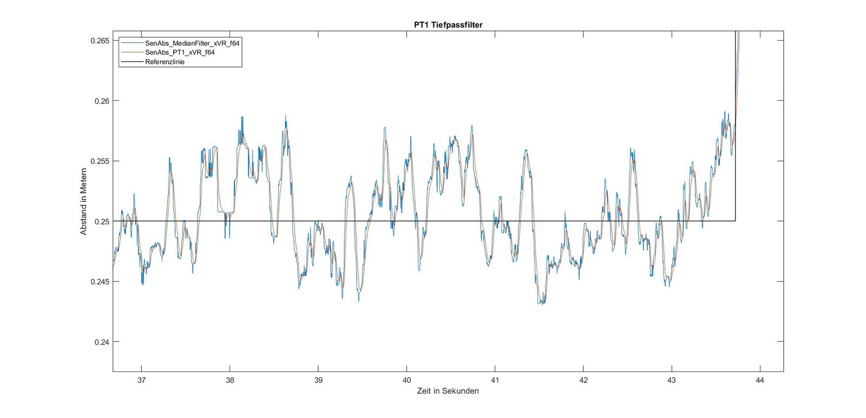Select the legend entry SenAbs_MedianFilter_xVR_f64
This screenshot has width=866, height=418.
click(x=192, y=43)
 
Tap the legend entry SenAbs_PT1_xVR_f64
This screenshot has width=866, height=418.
click(x=179, y=53)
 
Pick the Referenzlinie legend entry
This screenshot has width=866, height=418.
click(x=165, y=62)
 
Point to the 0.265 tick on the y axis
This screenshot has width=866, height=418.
click(x=100, y=41)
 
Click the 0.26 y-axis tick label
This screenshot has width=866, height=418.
click(x=102, y=101)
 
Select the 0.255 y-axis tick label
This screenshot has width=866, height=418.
click(x=100, y=161)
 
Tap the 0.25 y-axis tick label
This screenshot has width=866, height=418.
click(x=102, y=221)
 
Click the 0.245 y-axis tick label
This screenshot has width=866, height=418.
click(x=100, y=282)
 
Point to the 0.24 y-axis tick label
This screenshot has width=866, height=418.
click(x=102, y=342)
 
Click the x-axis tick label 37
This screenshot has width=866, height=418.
click(x=141, y=380)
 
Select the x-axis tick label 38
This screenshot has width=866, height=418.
click(x=230, y=380)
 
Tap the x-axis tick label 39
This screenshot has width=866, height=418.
click(x=318, y=380)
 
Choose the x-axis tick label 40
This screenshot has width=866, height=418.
click(x=406, y=380)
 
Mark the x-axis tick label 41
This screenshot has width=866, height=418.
click(x=495, y=380)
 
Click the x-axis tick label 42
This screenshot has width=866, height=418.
click(x=583, y=380)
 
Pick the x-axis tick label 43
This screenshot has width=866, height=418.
click(x=671, y=380)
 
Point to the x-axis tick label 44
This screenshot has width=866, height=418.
click(x=760, y=380)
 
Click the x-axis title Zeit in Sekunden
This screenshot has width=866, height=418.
click(x=448, y=391)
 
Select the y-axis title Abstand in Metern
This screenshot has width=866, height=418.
click(x=83, y=201)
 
